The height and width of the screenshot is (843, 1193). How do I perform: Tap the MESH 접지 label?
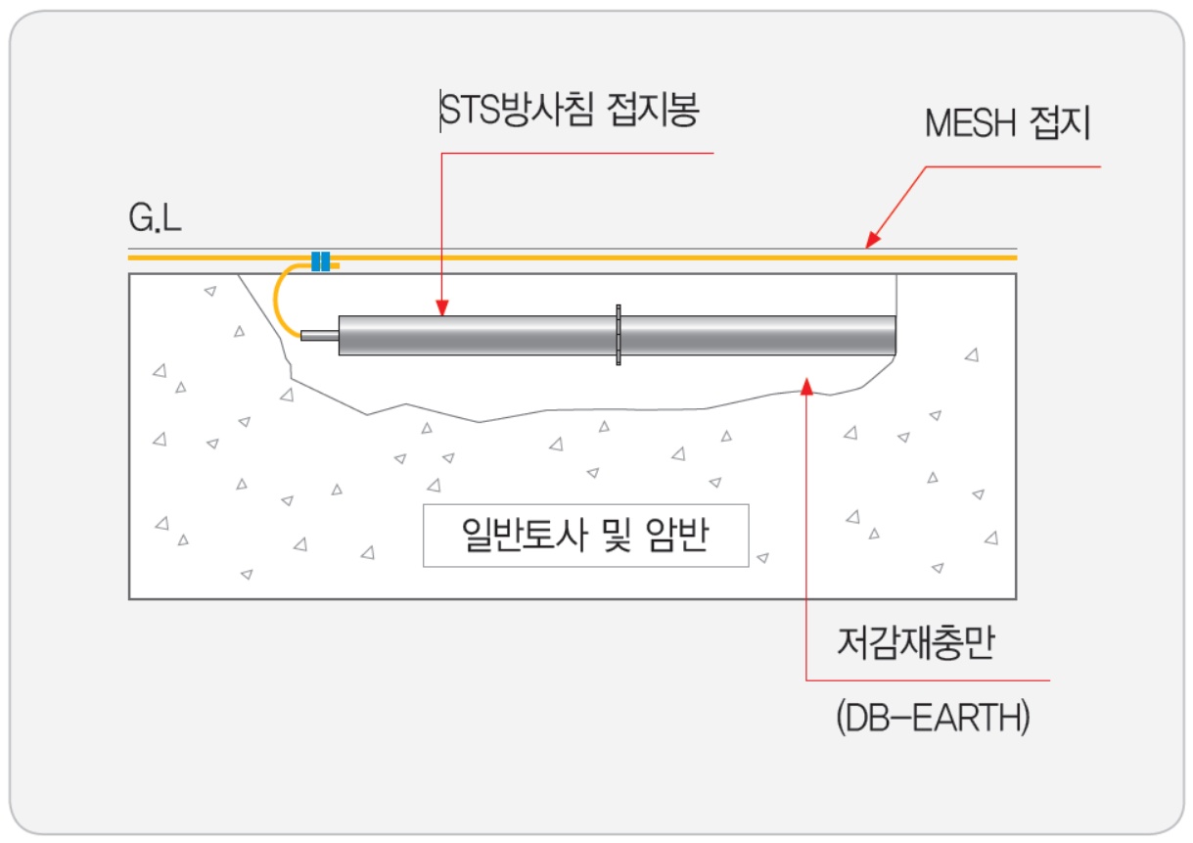1007,125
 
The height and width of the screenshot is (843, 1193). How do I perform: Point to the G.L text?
155,219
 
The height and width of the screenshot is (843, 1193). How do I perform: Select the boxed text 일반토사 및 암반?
585,536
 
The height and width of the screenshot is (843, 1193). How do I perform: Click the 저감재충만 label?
915,645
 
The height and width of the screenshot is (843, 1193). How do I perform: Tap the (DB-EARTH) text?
933,719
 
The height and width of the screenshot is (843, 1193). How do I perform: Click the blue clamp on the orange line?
320,261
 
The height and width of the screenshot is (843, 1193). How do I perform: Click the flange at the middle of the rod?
619,335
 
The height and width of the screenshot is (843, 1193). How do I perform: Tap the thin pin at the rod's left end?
319,336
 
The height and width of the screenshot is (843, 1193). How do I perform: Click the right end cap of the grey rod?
893,335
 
